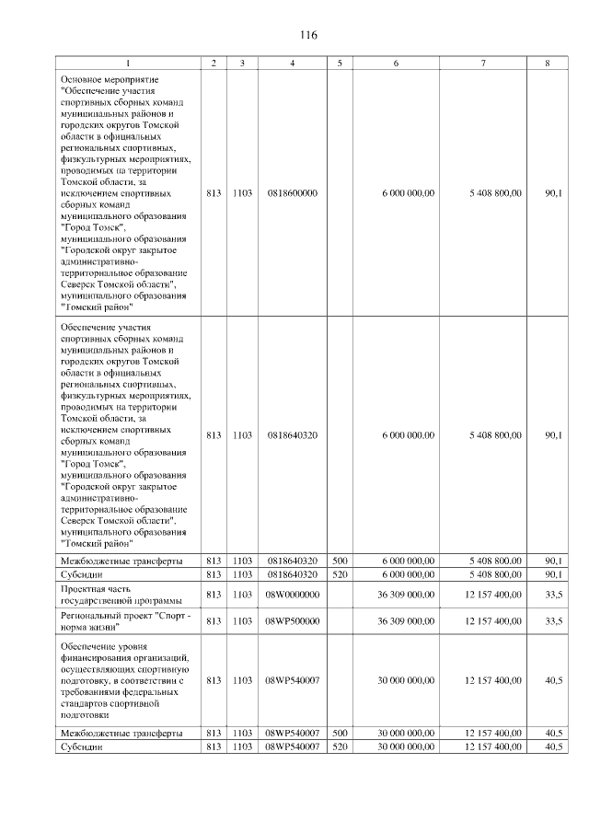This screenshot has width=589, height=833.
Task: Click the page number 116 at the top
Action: (308, 35)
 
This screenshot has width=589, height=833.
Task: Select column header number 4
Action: (292, 63)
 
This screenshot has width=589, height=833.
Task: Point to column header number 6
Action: (396, 63)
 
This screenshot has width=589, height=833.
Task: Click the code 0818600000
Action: (292, 193)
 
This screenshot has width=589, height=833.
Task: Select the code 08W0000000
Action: (292, 595)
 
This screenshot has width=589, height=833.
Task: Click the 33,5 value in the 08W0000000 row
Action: (553, 595)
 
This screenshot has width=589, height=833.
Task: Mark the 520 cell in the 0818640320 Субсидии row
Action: (340, 573)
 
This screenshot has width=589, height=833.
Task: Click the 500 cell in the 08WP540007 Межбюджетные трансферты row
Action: (340, 733)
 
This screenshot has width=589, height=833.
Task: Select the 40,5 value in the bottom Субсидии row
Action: (553, 746)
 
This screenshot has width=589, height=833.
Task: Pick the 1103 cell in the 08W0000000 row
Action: (242, 595)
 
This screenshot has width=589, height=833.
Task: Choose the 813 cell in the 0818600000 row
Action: (214, 193)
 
